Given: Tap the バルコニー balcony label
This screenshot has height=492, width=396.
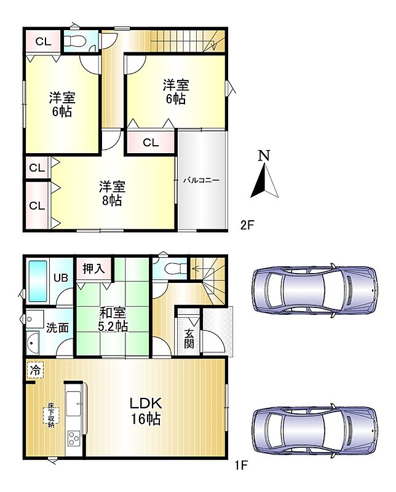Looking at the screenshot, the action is pos(201,180).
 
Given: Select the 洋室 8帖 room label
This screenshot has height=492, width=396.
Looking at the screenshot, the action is pos(112,193).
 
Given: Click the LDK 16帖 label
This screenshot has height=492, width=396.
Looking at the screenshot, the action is pos(146,410).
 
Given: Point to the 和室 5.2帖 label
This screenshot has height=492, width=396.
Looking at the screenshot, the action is pos(113,319).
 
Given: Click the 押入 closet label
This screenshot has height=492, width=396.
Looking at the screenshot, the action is pos(93,268).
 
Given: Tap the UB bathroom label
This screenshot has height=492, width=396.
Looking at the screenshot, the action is pos(60,278).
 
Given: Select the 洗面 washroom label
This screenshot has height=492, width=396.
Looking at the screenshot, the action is pos(57,328).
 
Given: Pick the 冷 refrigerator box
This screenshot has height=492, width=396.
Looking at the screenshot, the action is pos(35,370).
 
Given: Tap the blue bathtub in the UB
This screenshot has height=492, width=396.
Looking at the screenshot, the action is pos(38,281).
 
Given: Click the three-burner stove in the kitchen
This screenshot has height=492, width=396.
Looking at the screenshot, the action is pos(74,438).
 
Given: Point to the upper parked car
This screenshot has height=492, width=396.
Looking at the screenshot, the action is pos(315,290).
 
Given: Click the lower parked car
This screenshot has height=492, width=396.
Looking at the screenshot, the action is pos(315,430).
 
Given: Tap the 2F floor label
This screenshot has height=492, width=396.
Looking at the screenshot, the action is pos(247,224).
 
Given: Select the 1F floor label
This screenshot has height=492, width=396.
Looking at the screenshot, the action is pos(241,466).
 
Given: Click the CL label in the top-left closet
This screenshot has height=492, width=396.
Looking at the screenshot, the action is pos(43,41).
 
